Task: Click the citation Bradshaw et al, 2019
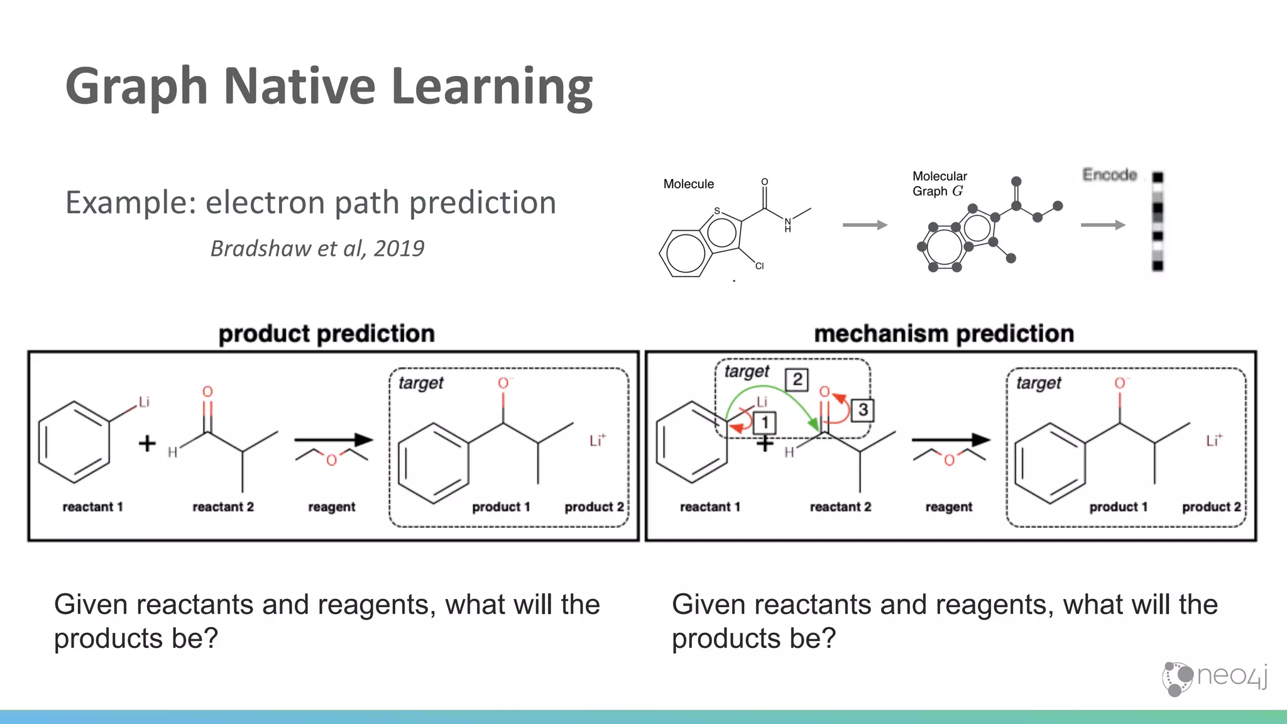point(317,248)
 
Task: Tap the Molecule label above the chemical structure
point(688,184)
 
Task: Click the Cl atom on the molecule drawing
point(759,266)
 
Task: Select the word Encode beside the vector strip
point(1109,175)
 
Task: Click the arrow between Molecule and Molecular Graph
point(865,225)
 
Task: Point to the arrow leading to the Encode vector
point(1103,225)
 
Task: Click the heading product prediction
point(326,334)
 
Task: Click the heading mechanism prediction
point(944,334)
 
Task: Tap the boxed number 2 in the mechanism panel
point(797,380)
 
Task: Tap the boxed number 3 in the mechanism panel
point(863,410)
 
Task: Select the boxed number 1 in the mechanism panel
point(765,422)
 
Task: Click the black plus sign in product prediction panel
point(147,444)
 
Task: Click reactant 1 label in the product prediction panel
point(92,507)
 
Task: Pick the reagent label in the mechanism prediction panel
point(948,507)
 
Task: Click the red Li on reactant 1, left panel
point(144,402)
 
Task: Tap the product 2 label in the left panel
point(594,507)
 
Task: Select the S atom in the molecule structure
point(717,211)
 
